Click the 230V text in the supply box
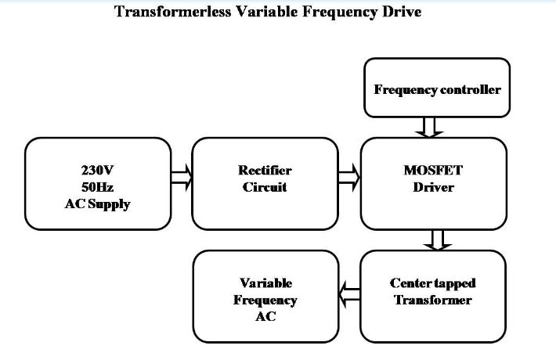97,170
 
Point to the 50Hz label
97,187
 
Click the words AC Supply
97,203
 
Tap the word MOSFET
433,170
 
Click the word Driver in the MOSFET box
433,188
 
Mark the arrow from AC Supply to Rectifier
181,182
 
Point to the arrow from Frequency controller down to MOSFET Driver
432,127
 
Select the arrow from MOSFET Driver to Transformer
432,240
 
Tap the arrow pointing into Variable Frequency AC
349,294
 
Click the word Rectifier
265,170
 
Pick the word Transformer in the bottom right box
433,301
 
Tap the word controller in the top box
468,89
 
